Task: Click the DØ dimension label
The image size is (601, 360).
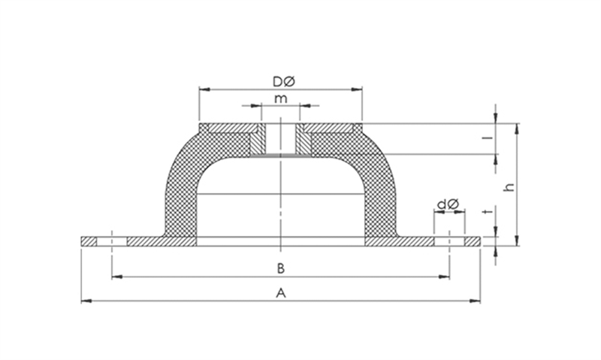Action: [x=284, y=81]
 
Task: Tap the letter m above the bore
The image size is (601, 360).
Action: [x=280, y=99]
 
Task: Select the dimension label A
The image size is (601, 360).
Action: [x=281, y=293]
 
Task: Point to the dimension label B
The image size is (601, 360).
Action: [x=280, y=268]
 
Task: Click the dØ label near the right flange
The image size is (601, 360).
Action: [x=448, y=204]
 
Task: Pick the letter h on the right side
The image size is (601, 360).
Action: [x=509, y=187]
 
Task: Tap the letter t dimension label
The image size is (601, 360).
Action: [x=488, y=211]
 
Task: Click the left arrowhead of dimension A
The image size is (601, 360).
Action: [x=86, y=301]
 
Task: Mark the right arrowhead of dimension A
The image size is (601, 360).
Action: [x=475, y=301]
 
